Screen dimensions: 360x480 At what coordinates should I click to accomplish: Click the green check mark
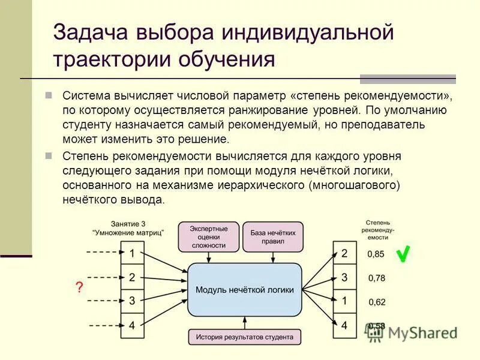404,254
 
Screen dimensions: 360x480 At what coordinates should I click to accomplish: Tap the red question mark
79,287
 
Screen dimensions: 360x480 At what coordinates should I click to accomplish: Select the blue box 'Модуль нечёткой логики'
245,289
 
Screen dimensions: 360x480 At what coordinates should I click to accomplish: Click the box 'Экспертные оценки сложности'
208,237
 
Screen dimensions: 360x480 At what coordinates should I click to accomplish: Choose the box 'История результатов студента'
245,337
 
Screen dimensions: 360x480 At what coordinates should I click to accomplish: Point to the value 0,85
376,254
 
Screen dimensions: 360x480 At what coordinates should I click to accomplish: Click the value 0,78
376,278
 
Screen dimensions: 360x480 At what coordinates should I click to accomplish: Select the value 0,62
376,302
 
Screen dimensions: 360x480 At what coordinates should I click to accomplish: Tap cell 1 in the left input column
132,253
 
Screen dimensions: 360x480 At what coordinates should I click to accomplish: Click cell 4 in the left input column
132,326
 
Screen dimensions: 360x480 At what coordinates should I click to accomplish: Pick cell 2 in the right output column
344,253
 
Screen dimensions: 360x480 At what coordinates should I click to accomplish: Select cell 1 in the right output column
344,301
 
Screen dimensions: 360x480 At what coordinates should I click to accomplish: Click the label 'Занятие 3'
128,223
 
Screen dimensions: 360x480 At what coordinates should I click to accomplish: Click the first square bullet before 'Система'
50,96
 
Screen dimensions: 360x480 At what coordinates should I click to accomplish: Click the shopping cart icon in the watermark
376,331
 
